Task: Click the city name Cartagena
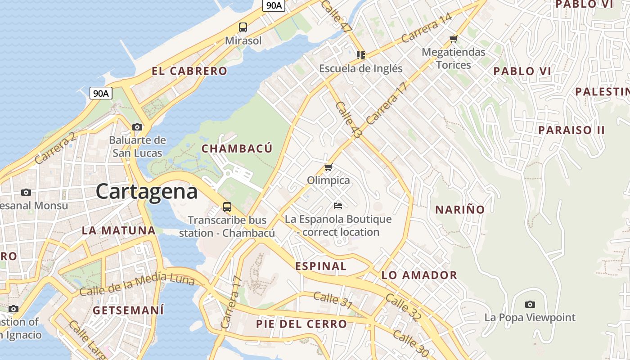coord(147,191)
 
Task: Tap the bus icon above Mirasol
coord(243,27)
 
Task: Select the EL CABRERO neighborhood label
coord(189,71)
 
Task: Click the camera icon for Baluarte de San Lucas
coord(137,127)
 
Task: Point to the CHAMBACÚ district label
coord(237,148)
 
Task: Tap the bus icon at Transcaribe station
coord(227,207)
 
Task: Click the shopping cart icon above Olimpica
coord(328,167)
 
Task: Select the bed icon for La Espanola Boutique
coord(338,206)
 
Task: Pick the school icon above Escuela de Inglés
coord(360,55)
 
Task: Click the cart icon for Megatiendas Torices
coord(453,39)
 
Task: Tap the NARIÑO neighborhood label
coord(459,209)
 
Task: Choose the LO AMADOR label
coord(419,275)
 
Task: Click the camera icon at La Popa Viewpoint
coord(530,305)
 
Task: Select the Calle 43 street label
coord(349,120)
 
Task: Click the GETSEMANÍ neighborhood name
coord(128,310)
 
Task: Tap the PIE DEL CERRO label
coord(301,324)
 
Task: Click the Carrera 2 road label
coord(55,149)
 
